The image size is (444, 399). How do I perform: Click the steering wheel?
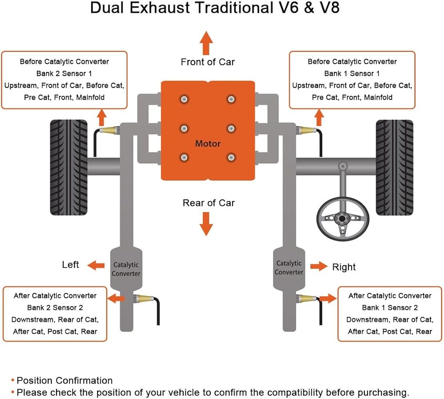[x=342, y=220]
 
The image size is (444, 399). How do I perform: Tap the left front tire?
[x=68, y=168]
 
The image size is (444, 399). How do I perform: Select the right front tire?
[x=394, y=168]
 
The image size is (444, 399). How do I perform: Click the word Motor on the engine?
[x=208, y=144]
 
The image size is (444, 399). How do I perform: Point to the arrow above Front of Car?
[x=206, y=43]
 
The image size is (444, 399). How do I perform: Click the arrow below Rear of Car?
[x=206, y=223]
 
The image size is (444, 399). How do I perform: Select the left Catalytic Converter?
[x=126, y=269]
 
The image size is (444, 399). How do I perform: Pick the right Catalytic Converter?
[x=289, y=267]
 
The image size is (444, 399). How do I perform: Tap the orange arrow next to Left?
[x=96, y=265]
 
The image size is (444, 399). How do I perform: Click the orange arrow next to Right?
[x=318, y=266]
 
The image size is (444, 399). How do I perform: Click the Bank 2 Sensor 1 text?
[x=64, y=73]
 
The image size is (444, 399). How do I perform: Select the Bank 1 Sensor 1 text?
[x=352, y=73]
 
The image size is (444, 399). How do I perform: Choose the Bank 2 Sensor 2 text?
[x=55, y=307]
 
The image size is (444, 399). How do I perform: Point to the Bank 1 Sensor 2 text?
[x=390, y=307]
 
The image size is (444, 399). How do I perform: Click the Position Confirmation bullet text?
[x=65, y=380]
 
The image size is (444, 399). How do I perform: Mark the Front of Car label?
[x=208, y=62]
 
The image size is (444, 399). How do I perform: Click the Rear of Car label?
[x=209, y=203]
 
